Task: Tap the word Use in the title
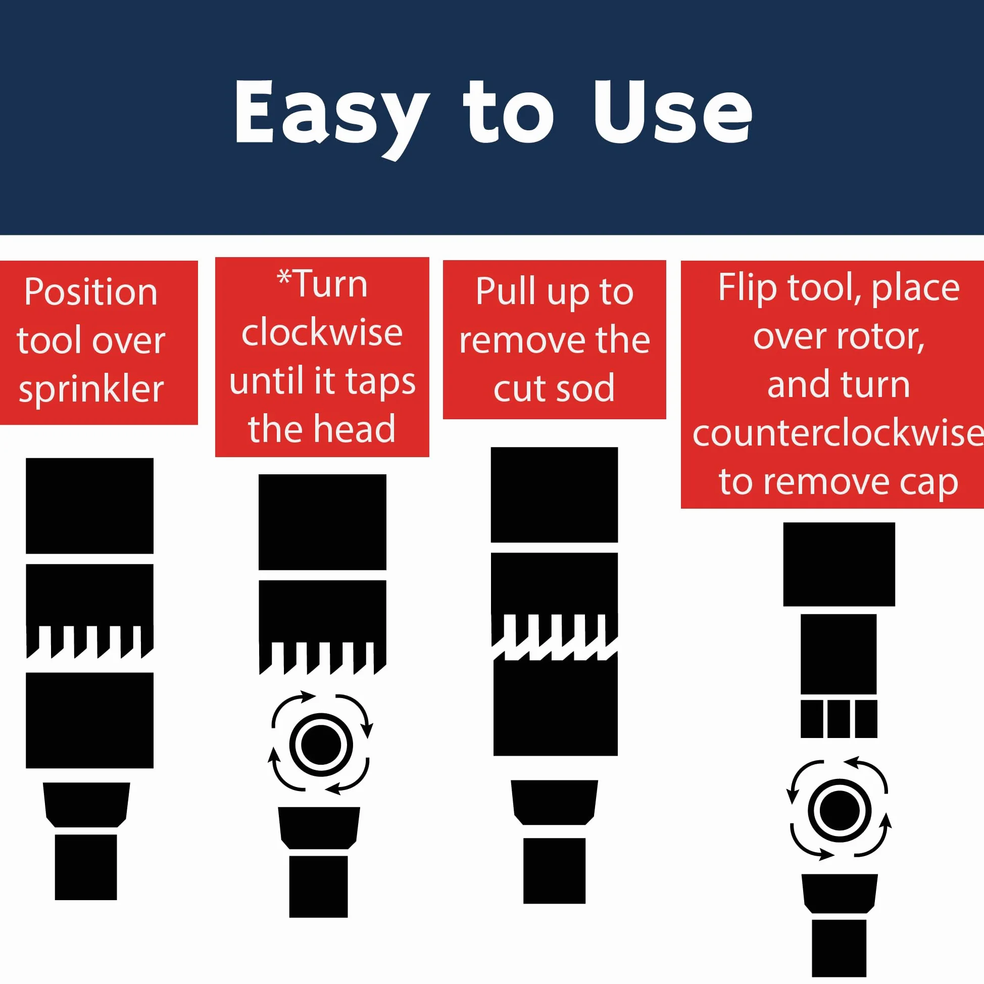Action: tap(672, 112)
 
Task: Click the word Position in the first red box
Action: tap(90, 293)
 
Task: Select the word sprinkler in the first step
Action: tap(91, 389)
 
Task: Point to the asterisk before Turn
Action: tap(284, 277)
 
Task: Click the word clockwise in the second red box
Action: tap(322, 332)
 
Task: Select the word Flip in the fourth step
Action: tap(747, 289)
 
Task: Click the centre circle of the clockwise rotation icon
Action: tap(321, 745)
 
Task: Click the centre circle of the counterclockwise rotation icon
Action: tap(840, 810)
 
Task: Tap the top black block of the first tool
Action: tap(89, 506)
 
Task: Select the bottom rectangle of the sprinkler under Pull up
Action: tap(555, 870)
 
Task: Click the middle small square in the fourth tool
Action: tap(839, 719)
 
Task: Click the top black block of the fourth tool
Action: tap(839, 564)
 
